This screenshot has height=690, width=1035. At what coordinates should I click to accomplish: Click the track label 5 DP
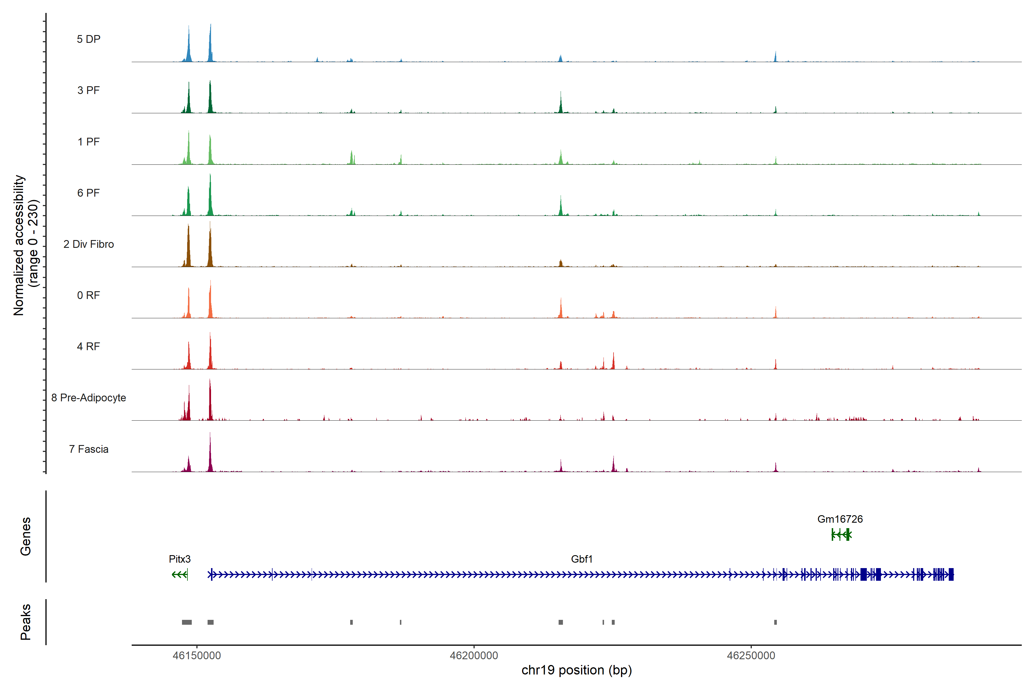89,39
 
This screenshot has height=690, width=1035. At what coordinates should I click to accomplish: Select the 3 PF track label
89,90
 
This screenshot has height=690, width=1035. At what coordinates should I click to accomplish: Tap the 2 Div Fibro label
89,244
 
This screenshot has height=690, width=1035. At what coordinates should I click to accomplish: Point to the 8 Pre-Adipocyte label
89,398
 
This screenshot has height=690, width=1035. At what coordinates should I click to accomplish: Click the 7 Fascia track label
89,449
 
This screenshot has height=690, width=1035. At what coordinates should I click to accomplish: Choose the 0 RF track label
89,295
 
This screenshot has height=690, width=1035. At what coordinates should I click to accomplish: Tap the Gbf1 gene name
582,559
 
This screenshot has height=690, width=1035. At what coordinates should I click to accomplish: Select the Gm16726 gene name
840,519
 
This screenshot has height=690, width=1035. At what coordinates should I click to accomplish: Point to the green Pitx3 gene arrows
179,575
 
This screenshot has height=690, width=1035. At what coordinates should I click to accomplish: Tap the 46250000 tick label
751,656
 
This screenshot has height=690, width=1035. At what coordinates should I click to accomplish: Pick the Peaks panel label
26,622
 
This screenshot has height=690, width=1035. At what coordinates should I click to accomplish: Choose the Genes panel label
26,536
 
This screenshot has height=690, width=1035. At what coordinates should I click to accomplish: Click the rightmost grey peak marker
775,622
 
